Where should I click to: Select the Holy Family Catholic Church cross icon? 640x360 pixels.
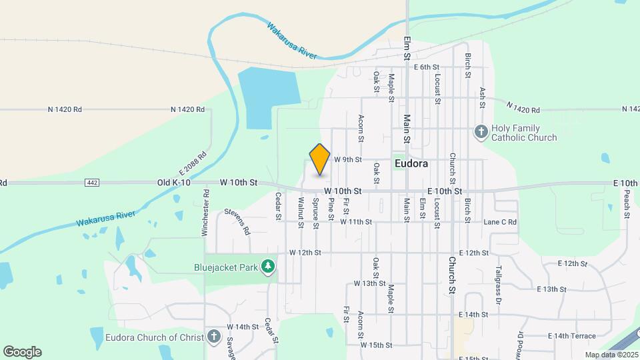pyautogui.click(x=481, y=131)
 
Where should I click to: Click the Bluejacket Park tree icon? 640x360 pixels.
pyautogui.click(x=268, y=267)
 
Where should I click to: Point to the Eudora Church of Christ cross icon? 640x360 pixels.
pyautogui.click(x=214, y=336)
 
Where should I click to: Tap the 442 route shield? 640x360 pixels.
pyautogui.click(x=92, y=182)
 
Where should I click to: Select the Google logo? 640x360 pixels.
pyautogui.click(x=22, y=352)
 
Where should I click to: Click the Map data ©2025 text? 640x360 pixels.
pyautogui.click(x=611, y=355)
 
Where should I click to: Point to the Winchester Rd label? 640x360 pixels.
pyautogui.click(x=207, y=213)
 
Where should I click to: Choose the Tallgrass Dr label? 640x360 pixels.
pyautogui.click(x=498, y=286)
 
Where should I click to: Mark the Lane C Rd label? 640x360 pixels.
pyautogui.click(x=500, y=222)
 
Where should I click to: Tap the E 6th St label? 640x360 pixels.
pyautogui.click(x=427, y=67)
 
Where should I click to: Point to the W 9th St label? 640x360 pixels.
pyautogui.click(x=347, y=160)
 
